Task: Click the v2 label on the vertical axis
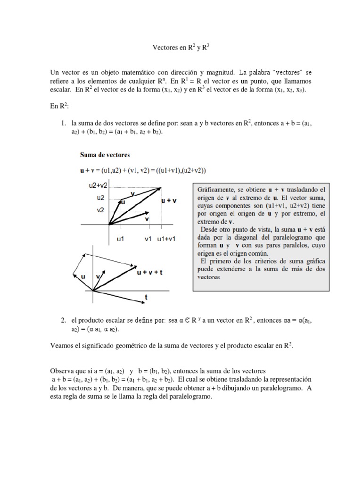point(100,210)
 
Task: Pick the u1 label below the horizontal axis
point(120,239)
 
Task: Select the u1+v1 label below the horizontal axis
point(166,239)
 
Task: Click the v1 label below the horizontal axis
point(148,239)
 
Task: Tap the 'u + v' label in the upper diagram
point(169,200)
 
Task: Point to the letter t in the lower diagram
point(146,298)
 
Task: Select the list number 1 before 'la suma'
point(64,123)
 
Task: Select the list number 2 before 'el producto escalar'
point(64,320)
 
